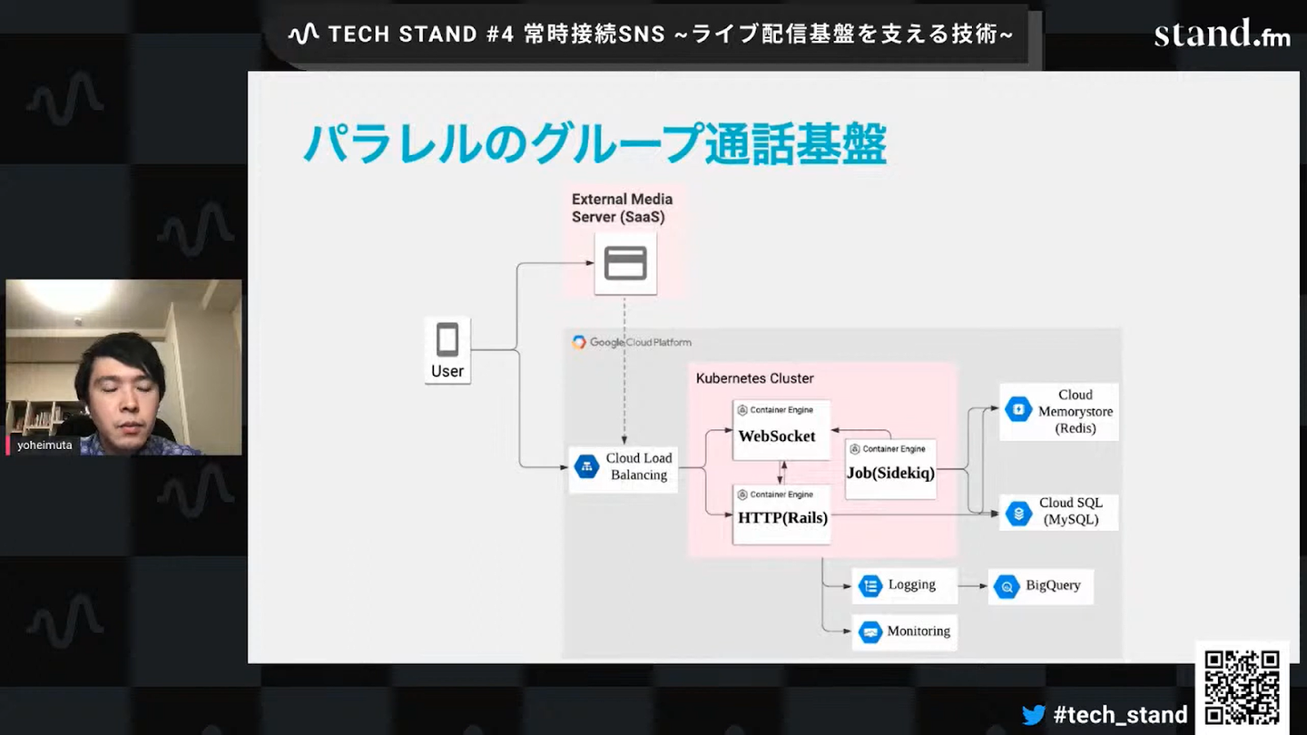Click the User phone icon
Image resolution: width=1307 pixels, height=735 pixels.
447,341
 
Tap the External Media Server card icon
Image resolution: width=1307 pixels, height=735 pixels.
625,263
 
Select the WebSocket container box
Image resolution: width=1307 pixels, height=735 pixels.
781,430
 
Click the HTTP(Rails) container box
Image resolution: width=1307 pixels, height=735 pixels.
781,514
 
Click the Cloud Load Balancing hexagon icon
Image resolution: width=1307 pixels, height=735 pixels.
586,466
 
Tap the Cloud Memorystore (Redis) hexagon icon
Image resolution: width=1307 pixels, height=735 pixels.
1018,410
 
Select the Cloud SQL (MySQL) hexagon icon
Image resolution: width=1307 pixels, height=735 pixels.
1018,513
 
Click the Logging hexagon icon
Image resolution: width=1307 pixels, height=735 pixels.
870,586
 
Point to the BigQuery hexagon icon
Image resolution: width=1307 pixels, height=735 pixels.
1007,587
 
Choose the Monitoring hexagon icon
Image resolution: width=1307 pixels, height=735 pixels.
870,632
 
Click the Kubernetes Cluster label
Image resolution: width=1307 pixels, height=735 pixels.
754,378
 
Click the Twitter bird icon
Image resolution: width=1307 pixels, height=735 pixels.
1034,715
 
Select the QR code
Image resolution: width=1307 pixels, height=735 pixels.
1242,687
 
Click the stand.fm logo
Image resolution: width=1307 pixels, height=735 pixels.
1222,34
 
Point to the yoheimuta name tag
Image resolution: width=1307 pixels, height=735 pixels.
44,446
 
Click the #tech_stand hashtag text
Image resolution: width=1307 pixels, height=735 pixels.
1120,715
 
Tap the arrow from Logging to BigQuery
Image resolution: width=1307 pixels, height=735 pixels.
973,586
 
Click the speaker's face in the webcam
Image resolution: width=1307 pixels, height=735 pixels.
123,390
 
